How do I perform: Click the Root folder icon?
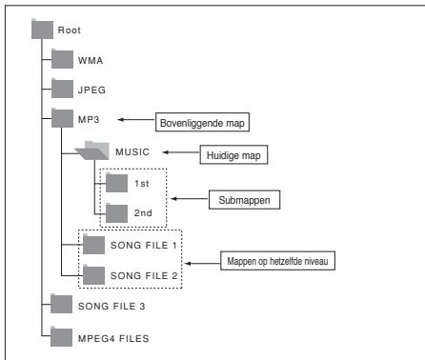(41, 30)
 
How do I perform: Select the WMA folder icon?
(62, 59)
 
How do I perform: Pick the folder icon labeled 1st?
(116, 181)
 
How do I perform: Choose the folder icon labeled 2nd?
(116, 211)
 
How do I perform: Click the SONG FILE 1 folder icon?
(93, 245)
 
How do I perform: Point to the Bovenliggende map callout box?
(195, 120)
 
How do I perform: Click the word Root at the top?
(70, 30)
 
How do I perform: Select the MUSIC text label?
(133, 150)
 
